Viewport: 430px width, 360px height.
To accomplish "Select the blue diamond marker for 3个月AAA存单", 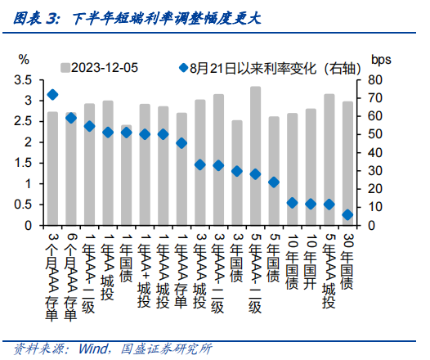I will [x=52, y=94].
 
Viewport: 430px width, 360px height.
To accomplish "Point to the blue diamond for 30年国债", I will [x=347, y=215].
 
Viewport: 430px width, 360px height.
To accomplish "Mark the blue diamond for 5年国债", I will [x=274, y=182].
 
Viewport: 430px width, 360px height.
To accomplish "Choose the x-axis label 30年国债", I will [x=347, y=260].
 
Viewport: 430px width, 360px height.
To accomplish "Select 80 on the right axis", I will [x=375, y=80].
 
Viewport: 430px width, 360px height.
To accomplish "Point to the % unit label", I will [x=24, y=59].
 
